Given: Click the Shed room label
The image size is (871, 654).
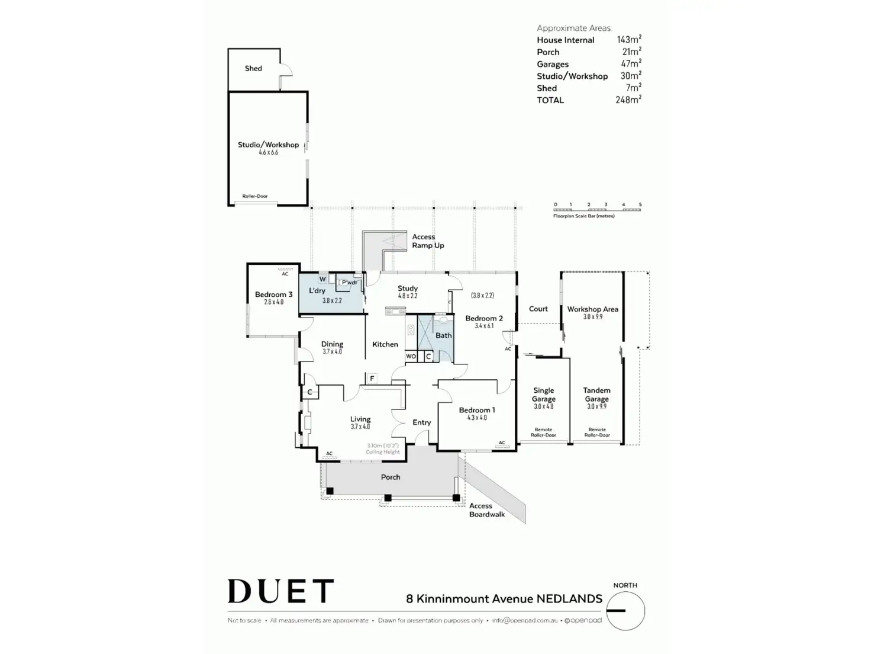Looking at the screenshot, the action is [x=253, y=69].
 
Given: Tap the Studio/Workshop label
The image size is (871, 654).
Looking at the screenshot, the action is [x=268, y=145].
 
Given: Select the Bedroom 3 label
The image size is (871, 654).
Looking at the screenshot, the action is [x=273, y=294].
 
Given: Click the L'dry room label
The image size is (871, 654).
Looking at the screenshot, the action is [x=317, y=291].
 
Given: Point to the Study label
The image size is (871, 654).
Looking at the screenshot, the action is [x=408, y=288].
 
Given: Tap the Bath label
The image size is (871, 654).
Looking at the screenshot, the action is [x=444, y=335].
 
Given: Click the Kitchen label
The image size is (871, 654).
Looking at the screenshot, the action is [x=385, y=344].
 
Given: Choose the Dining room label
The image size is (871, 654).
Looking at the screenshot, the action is [x=332, y=344].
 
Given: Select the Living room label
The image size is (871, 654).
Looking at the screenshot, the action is [x=360, y=419].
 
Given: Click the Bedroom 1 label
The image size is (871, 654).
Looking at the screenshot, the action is [x=477, y=410].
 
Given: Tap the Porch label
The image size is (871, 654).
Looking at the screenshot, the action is [x=391, y=477].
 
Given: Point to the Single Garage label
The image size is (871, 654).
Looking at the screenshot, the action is [x=543, y=395].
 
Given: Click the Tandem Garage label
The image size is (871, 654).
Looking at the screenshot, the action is [x=596, y=395].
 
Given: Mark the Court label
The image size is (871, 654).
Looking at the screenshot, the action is [x=538, y=309].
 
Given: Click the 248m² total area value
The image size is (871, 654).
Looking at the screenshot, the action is [x=628, y=100].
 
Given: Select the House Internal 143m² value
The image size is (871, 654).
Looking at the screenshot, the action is [x=629, y=40].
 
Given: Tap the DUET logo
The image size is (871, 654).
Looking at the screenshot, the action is [x=280, y=591].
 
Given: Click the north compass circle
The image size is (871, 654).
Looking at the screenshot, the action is [x=625, y=611].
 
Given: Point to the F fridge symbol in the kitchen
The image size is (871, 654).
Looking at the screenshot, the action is [x=372, y=379].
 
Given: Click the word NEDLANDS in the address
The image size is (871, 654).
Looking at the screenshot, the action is [x=569, y=599].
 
